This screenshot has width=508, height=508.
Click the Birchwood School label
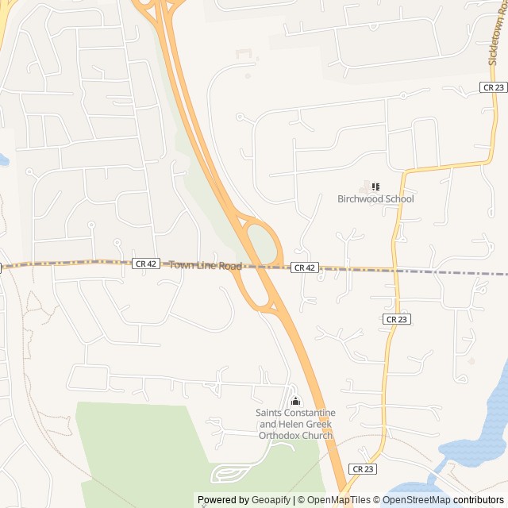coord(375,199)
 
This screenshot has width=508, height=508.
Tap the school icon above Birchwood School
coord(375,187)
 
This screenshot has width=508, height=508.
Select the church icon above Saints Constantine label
coord(295,401)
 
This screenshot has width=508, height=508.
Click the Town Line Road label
coord(205,266)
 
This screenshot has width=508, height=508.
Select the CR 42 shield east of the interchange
coord(305,268)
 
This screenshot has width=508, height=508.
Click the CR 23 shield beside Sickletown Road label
coord(493,87)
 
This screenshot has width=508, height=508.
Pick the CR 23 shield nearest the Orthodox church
coord(362,469)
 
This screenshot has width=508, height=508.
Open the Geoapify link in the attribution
coord(271,500)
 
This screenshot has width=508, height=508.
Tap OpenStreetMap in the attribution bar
coord(417,500)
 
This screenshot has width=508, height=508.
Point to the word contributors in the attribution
coord(479,500)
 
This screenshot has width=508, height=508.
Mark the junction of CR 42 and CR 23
coord(396,270)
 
